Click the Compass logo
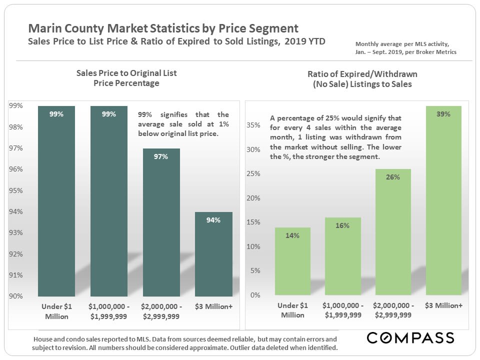point(410,337)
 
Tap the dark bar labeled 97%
point(161,222)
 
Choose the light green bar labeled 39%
point(443,200)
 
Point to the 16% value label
point(342,225)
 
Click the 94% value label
point(213,220)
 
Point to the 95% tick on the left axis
point(16,190)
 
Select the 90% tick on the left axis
point(16,296)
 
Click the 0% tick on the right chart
point(255,295)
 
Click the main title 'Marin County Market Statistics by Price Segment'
point(163,28)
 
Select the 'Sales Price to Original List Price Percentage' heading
point(126,78)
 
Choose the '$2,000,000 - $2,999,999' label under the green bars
point(392,310)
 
